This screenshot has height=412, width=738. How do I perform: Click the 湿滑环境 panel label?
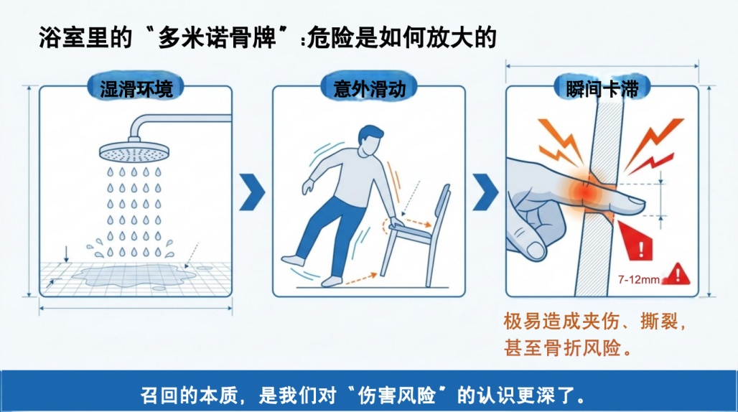pos(136,89)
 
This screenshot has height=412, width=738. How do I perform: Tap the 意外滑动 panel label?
pos(370,89)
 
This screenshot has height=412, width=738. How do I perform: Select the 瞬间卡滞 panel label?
pos(602,89)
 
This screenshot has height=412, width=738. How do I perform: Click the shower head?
pos(134,152)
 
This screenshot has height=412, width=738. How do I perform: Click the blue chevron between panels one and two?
pos(252,192)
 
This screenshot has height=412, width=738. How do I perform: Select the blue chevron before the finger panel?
pos(485,192)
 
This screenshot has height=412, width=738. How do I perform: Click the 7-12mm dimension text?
pos(639,280)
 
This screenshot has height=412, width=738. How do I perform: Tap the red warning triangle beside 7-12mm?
pos(677,273)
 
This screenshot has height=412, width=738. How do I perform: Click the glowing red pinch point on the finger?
pos(587,192)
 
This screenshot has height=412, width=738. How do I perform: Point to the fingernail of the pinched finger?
pos(632,202)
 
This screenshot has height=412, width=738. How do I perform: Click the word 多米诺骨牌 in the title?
pos(217,37)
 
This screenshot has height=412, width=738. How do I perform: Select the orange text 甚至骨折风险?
pos(562,349)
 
